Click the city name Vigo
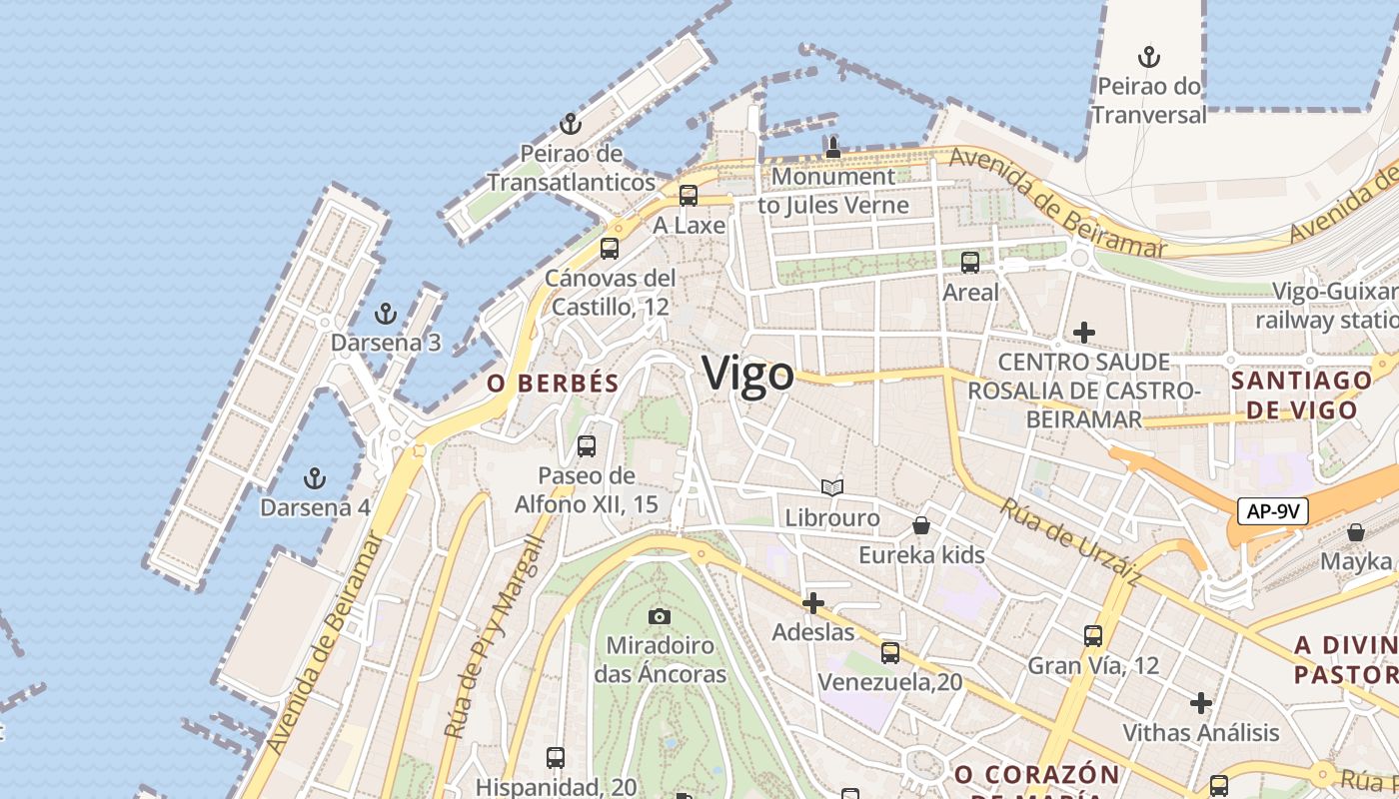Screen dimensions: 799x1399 click(748, 374)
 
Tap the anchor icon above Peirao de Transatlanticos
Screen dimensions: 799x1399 click(571, 125)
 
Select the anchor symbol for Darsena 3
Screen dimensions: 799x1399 click(385, 315)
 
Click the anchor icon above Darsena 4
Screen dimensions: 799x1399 click(315, 478)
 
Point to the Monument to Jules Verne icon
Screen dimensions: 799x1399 click(832, 148)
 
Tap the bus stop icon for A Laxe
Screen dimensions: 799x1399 click(689, 196)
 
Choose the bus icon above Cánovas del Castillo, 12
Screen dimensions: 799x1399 click(610, 249)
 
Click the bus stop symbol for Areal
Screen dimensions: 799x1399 click(970, 263)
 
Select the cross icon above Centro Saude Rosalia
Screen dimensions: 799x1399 click(1083, 332)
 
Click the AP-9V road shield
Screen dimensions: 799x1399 click(1273, 511)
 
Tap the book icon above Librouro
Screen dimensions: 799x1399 click(832, 488)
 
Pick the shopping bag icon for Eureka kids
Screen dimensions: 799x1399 click(921, 525)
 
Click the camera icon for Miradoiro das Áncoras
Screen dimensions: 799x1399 click(659, 616)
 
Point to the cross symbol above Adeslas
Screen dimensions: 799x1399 click(813, 603)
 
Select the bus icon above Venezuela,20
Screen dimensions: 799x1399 click(889, 653)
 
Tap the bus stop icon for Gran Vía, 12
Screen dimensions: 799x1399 click(1093, 636)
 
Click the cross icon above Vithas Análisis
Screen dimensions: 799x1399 click(1200, 703)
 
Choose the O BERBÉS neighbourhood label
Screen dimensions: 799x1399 click(553, 384)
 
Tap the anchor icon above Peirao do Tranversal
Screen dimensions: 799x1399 click(1149, 56)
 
